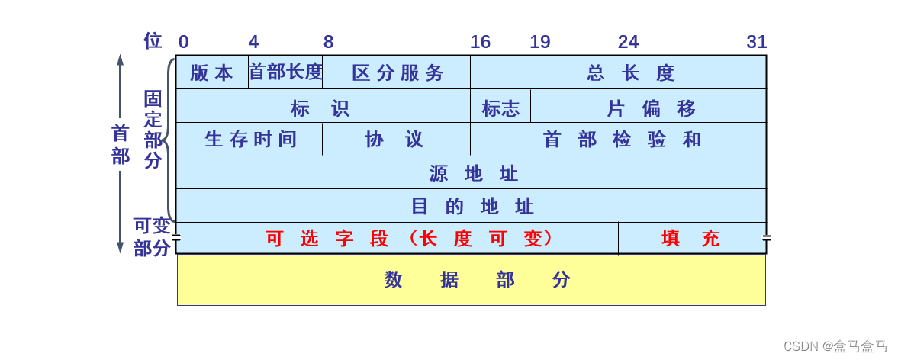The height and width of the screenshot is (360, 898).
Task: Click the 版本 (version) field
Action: click(211, 72)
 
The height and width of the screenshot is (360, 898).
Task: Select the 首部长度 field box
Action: click(285, 72)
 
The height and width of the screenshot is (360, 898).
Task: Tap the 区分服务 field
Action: click(397, 72)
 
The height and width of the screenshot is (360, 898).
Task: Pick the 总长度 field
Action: click(618, 72)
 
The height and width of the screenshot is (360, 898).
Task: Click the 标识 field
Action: click(323, 106)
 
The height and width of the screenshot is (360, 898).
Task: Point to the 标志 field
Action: click(500, 106)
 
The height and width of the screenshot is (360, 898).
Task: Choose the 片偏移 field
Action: click(649, 106)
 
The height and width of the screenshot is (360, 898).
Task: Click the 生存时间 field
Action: click(249, 140)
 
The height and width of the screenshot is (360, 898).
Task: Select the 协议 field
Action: click(396, 140)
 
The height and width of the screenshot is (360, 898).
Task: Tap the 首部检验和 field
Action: click(618, 140)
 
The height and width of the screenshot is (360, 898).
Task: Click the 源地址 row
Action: click(471, 173)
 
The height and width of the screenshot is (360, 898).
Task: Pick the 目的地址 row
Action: click(471, 206)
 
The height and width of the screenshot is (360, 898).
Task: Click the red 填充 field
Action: click(691, 238)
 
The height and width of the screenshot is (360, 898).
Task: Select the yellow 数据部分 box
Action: click(471, 279)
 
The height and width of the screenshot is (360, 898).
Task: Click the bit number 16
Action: click(480, 42)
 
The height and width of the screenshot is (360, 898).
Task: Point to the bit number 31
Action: click(756, 42)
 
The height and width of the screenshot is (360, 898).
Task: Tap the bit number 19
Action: click(540, 42)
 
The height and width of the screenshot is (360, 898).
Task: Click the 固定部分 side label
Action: click(153, 129)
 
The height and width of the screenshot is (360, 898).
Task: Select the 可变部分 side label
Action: click(152, 237)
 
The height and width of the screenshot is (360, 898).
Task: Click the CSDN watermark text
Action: click(835, 346)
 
